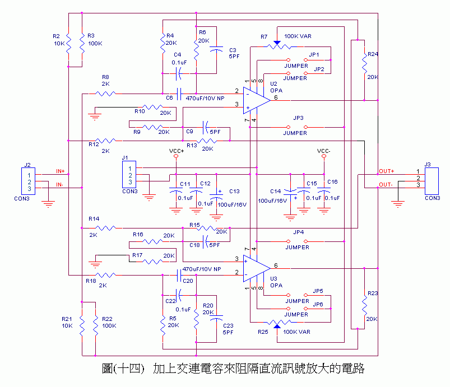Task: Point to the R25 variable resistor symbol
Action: pos(276,323)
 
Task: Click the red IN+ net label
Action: pos(60,171)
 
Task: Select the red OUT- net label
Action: pos(386,185)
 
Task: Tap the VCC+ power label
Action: pos(176,151)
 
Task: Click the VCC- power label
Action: pos(324,151)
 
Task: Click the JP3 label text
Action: pos(298,119)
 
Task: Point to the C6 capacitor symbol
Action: pos(180,94)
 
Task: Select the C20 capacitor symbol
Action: pos(180,274)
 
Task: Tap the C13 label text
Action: pos(234,191)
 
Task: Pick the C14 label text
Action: pos(275,191)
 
